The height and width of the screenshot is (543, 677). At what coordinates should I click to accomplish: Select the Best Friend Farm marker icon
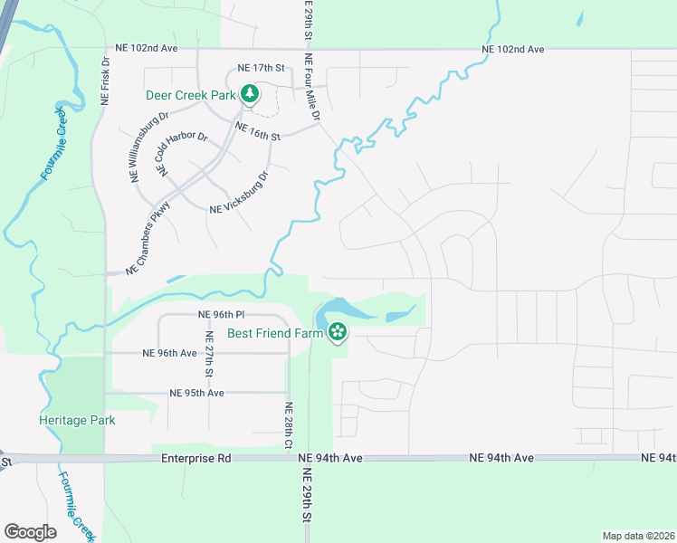(338, 333)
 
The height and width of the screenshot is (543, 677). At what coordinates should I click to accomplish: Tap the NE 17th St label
(261, 68)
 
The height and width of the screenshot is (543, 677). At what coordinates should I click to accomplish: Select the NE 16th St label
(258, 132)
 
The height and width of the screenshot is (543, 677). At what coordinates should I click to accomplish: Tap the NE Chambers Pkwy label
(148, 236)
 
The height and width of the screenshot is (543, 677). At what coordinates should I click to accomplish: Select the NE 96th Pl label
(222, 315)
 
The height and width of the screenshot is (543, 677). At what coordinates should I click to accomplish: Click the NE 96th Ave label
(170, 353)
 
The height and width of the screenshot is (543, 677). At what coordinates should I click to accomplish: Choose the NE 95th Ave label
(196, 393)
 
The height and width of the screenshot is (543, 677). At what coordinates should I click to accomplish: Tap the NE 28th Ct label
(289, 425)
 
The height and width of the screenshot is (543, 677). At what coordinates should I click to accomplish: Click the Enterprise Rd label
(196, 459)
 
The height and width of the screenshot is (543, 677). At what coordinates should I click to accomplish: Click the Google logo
(31, 532)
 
